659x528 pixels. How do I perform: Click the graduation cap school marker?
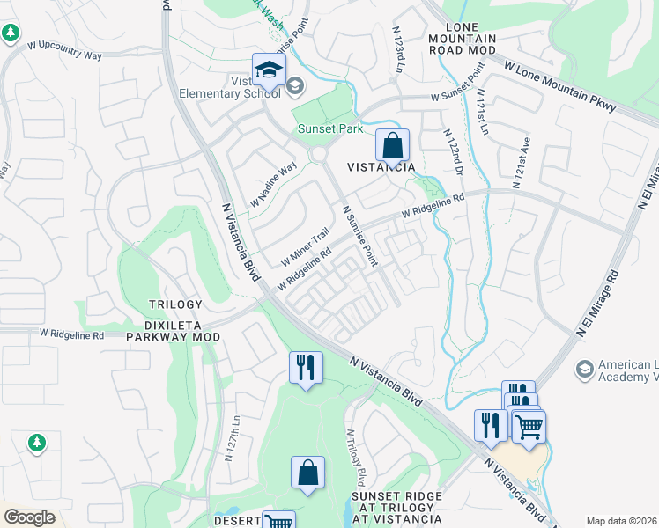click(x=269, y=70)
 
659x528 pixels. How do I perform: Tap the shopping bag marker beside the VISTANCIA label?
click(x=392, y=145)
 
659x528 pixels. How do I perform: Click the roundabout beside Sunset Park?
click(x=318, y=155)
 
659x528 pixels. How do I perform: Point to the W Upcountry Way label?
click(x=65, y=49)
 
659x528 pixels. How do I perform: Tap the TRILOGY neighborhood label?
click(x=175, y=304)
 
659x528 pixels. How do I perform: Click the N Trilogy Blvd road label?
click(x=356, y=458)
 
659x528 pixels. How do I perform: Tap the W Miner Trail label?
click(x=305, y=248)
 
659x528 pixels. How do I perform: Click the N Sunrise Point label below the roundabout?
click(x=359, y=237)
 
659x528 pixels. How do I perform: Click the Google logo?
click(x=29, y=517)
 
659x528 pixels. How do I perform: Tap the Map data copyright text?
click(x=622, y=521)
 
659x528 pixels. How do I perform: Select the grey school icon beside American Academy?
click(x=583, y=367)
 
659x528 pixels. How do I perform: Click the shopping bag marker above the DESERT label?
click(x=308, y=473)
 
